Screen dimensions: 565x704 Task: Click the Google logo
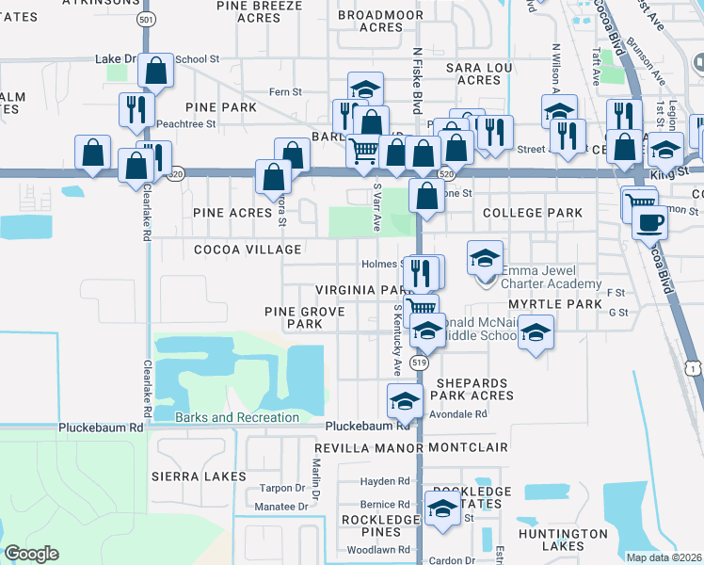coord(31,554)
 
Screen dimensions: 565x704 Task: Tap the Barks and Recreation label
coord(237,417)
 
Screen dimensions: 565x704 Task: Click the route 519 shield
coord(420,363)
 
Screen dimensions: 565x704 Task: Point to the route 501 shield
coord(146,19)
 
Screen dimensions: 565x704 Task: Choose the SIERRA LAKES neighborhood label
coord(199,477)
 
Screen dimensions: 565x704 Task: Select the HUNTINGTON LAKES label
coord(563,540)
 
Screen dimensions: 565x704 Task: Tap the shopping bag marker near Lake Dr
coord(156,69)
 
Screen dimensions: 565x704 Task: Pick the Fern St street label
coord(285,92)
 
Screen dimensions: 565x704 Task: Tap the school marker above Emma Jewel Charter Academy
coord(485,256)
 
